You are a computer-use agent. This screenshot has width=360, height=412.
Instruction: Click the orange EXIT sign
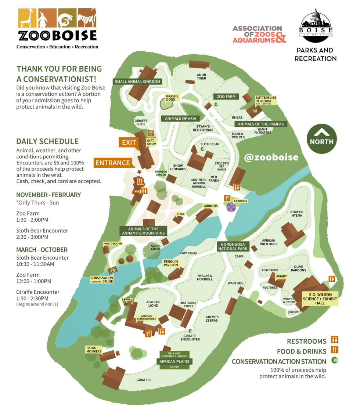click(129, 142)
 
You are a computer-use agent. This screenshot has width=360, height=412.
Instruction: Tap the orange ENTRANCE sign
click(112, 163)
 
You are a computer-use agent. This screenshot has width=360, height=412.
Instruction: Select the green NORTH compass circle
click(321, 138)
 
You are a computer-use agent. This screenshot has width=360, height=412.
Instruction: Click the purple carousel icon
click(231, 207)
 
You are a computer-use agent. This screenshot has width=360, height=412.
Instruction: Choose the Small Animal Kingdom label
click(137, 82)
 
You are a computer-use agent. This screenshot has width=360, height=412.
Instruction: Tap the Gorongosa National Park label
click(233, 246)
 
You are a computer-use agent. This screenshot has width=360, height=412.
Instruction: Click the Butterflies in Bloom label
click(266, 100)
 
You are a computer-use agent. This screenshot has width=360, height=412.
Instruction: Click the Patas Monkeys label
click(94, 349)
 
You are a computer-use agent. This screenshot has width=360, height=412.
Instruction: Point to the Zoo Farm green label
click(226, 97)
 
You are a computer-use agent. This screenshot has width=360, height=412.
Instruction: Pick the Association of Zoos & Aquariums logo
click(259, 34)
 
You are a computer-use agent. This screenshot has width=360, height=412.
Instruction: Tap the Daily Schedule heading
click(47, 141)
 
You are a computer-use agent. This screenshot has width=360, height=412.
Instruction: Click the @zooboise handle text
click(271, 157)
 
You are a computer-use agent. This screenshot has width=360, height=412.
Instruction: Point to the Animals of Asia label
click(180, 119)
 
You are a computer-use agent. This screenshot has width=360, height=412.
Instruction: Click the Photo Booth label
click(113, 243)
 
